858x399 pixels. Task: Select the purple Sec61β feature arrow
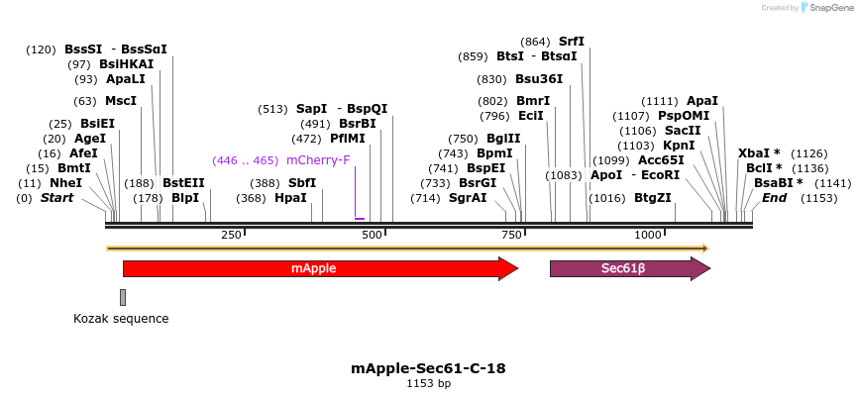click(x=629, y=268)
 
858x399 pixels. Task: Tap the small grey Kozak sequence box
click(x=123, y=297)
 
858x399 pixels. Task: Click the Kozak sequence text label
click(x=121, y=319)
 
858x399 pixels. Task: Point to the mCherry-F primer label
click(x=318, y=159)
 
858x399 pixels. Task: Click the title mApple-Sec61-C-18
click(x=428, y=368)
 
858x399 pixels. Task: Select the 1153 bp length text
click(x=428, y=383)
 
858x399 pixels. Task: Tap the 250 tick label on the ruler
click(x=231, y=235)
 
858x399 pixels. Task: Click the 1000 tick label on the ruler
click(x=648, y=235)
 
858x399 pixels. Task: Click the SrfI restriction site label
click(x=572, y=42)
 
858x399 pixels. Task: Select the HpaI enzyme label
click(x=290, y=198)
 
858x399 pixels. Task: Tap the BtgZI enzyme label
click(x=653, y=198)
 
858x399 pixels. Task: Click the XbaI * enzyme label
click(x=759, y=153)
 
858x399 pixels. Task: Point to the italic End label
click(x=774, y=198)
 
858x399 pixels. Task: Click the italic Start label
click(x=56, y=198)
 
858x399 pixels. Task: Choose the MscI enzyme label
click(x=121, y=101)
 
